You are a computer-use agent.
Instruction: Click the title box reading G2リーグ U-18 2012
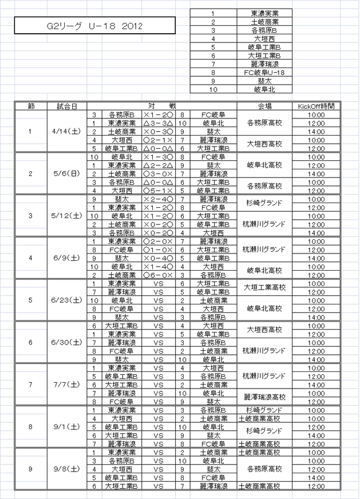(94, 26)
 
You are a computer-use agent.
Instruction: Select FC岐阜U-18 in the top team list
(264, 73)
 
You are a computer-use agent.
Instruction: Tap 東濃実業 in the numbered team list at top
(264, 13)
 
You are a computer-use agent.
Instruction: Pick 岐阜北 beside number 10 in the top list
(264, 89)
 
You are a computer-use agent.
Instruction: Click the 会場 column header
(264, 106)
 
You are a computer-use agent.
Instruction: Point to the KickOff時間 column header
(316, 106)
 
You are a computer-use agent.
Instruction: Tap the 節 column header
(31, 106)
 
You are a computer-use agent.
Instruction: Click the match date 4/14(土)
(67, 131)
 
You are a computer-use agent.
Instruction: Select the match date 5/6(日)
(67, 173)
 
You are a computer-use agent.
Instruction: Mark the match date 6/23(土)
(67, 300)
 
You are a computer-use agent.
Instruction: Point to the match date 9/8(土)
(67, 469)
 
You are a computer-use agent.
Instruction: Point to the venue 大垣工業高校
(264, 287)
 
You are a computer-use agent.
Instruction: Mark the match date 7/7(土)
(67, 385)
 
